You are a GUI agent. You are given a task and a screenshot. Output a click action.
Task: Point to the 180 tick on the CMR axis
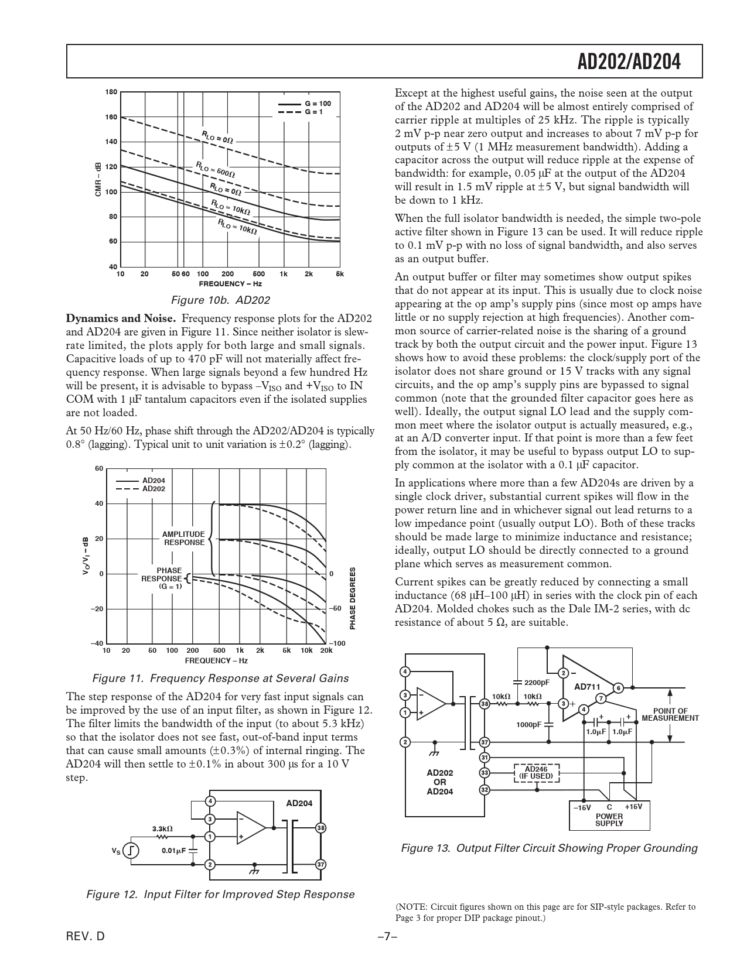[111, 92]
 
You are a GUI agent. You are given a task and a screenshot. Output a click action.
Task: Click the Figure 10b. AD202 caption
[220, 300]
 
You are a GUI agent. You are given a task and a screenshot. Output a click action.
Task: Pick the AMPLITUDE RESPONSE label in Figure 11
[184, 538]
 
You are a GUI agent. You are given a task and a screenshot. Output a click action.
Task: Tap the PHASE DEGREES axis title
[353, 599]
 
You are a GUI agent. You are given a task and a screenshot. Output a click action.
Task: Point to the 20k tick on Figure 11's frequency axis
[326, 650]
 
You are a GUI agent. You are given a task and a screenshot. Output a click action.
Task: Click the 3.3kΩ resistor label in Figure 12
[162, 828]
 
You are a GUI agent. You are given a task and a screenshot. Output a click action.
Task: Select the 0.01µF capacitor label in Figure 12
[173, 851]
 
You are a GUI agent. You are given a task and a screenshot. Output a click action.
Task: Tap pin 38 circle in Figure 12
[320, 828]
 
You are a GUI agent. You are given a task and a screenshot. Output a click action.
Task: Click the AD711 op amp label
[586, 687]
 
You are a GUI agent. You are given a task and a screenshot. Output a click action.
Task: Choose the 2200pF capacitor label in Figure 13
[537, 683]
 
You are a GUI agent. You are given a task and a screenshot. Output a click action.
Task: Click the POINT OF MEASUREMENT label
[670, 714]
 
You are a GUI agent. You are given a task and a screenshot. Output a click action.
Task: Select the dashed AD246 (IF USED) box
[536, 773]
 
